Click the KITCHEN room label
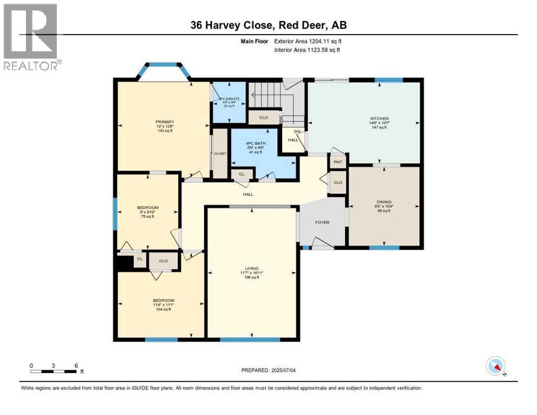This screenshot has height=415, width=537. (x=379, y=118)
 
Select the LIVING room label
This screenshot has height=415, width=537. (x=252, y=268)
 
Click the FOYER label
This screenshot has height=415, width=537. (x=322, y=222)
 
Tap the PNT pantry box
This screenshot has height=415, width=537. (x=338, y=162)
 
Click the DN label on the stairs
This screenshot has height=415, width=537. (x=296, y=131)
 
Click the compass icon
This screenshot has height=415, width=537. (x=495, y=366)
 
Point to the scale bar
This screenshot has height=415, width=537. (x=53, y=371)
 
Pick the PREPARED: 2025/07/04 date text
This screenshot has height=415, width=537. (x=268, y=370)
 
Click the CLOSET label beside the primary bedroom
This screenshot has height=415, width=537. (x=220, y=154)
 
